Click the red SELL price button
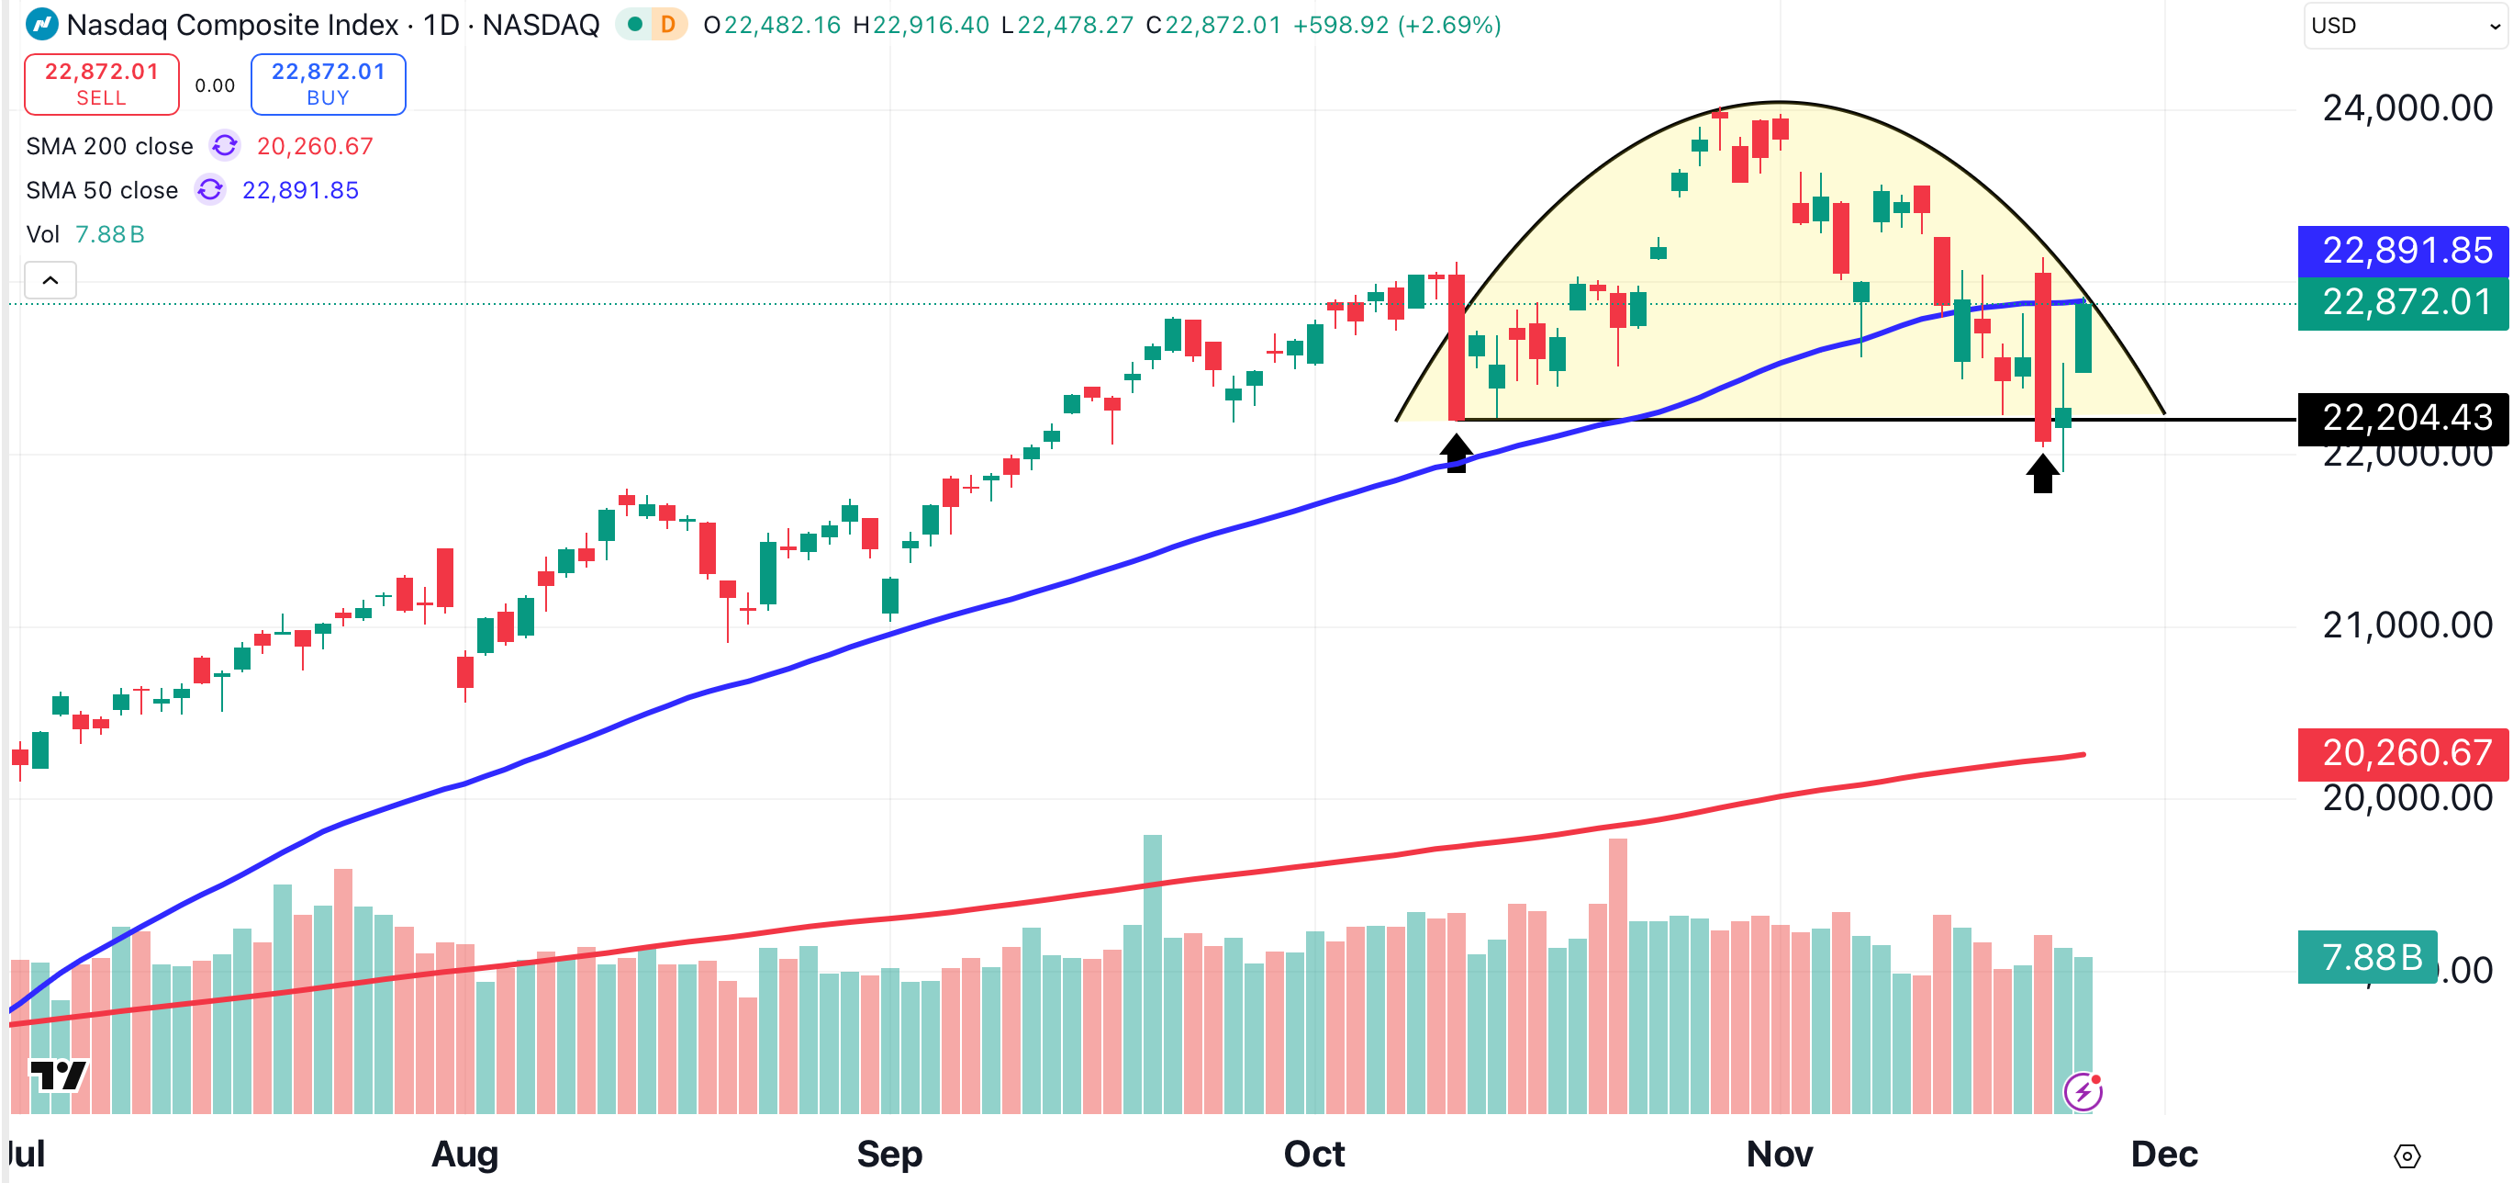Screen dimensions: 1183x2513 (x=102, y=84)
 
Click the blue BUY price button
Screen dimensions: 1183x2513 (x=328, y=84)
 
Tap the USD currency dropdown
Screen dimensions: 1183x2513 (x=2405, y=26)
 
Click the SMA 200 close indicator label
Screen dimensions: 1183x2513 (x=109, y=146)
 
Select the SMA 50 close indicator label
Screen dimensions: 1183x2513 (x=102, y=190)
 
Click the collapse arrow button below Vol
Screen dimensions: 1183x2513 (x=50, y=281)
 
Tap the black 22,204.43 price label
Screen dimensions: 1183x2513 (x=2406, y=418)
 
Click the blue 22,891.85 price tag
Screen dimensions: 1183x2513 (x=2406, y=251)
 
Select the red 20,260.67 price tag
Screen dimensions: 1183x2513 (x=2406, y=752)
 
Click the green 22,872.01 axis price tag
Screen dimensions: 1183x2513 (x=2406, y=302)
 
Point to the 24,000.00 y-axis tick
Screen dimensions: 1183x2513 (x=2407, y=107)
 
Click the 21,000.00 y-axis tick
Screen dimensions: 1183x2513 (x=2407, y=625)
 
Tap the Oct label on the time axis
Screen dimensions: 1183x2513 (x=1313, y=1154)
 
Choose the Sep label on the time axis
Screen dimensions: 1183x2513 (x=888, y=1154)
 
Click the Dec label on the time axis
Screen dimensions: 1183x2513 (x=2163, y=1154)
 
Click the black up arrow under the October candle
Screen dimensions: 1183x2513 (x=1456, y=454)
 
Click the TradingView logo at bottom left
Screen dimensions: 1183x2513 (x=59, y=1076)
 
